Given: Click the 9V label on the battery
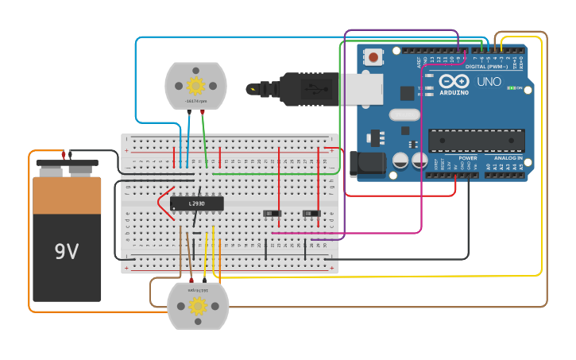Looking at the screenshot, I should [x=67, y=252].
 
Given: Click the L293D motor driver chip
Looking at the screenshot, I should [x=197, y=203].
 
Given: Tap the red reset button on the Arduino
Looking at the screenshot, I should [x=373, y=56].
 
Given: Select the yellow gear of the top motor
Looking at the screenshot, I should [x=195, y=85].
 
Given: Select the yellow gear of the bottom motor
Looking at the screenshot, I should [x=198, y=304].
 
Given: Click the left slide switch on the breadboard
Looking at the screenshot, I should [x=273, y=213].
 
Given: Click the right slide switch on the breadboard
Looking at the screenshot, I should [x=312, y=213].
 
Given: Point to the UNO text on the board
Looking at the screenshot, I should [x=489, y=81].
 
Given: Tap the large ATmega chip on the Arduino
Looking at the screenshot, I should [x=476, y=141].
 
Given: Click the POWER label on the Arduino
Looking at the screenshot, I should [x=468, y=158].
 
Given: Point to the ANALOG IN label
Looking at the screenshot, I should [x=508, y=158].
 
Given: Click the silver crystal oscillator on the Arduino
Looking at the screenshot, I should [x=404, y=114].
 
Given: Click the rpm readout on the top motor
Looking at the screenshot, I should [x=195, y=102].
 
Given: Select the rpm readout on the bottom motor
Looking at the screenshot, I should [x=198, y=290].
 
